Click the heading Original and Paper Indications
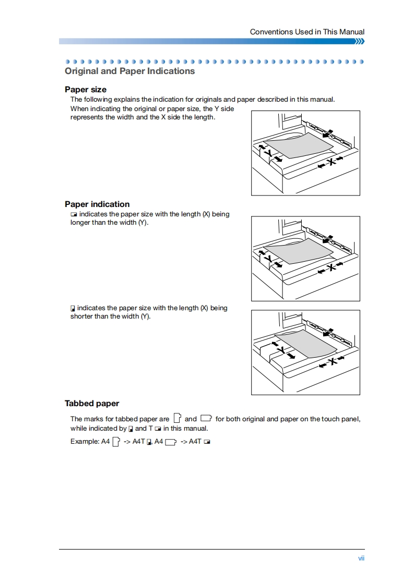tap(129, 71)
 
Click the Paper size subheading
tap(86, 90)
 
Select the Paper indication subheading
tap(97, 204)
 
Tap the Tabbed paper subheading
tap(92, 404)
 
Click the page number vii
tap(361, 558)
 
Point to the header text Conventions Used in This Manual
tap(307, 32)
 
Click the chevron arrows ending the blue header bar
tap(359, 41)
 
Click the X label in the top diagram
tap(330, 161)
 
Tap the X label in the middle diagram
tap(330, 267)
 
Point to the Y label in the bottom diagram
tap(281, 349)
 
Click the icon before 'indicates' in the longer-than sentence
tap(74, 214)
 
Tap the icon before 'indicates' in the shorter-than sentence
tap(73, 308)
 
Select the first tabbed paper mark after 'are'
tap(178, 418)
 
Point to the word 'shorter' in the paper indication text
tap(82, 316)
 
